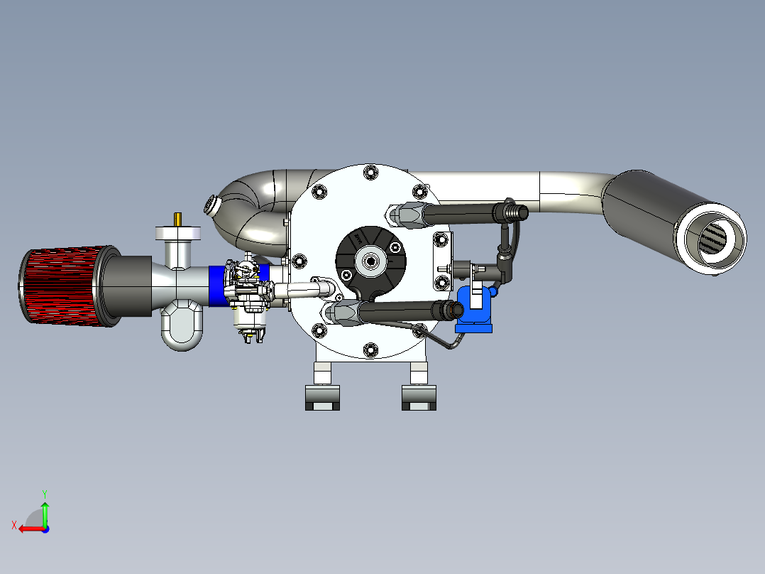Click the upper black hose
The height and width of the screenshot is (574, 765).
coord(461,212)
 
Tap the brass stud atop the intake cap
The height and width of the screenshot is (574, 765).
coord(177,218)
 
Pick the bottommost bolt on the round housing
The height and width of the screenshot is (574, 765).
coord(369,349)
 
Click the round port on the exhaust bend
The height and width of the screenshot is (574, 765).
coord(211,205)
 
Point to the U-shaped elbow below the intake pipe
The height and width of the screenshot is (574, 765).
coord(183,327)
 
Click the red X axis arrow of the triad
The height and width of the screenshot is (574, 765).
coord(27,528)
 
